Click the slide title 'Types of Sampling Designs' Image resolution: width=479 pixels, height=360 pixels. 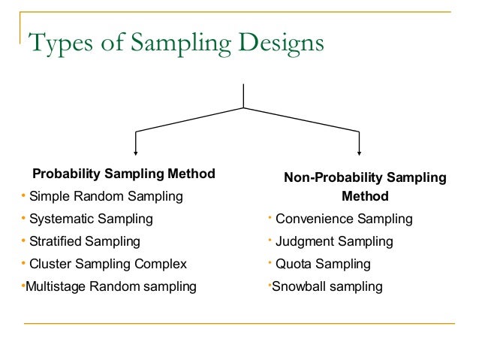pyautogui.click(x=176, y=43)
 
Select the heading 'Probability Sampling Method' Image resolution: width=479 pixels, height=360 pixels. pyautogui.click(x=123, y=174)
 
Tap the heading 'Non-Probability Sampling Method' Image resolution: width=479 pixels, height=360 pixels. pyautogui.click(x=365, y=187)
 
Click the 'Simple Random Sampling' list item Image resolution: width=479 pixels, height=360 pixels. pyautogui.click(x=106, y=197)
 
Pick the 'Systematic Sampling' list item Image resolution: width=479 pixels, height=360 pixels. pyautogui.click(x=91, y=219)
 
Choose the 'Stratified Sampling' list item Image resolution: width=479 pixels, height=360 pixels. pyautogui.click(x=85, y=242)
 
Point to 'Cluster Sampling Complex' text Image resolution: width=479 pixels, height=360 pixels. pyautogui.click(x=108, y=265)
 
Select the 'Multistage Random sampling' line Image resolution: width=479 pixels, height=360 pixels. pyautogui.click(x=111, y=286)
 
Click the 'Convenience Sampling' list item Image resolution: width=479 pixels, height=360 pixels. pyautogui.click(x=344, y=219)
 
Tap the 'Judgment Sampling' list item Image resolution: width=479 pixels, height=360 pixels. pyautogui.click(x=334, y=242)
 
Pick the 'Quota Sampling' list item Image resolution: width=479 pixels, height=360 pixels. pyautogui.click(x=323, y=265)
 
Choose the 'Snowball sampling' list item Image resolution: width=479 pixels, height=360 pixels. pyautogui.click(x=327, y=286)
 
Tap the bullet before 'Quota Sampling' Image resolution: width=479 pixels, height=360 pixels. pyautogui.click(x=270, y=264)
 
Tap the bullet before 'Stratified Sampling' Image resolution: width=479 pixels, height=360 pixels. pyautogui.click(x=23, y=241)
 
